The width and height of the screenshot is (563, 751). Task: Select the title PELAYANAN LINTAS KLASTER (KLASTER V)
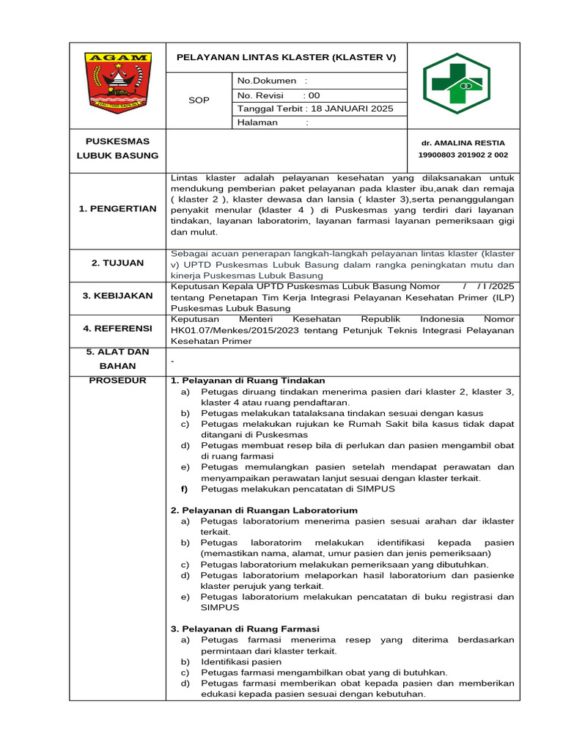[286, 57]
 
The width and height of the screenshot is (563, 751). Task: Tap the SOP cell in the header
[199, 101]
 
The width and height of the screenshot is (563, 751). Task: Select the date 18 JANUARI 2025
[352, 109]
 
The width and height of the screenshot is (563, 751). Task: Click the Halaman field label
[257, 122]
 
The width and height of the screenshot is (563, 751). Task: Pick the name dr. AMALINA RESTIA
[462, 143]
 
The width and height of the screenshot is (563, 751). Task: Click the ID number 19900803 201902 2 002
[463, 155]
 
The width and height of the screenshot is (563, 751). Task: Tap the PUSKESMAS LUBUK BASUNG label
[117, 148]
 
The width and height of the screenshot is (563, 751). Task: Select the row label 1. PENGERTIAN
[117, 209]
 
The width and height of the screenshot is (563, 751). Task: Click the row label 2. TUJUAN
[117, 263]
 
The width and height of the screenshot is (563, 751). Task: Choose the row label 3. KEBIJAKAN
[117, 296]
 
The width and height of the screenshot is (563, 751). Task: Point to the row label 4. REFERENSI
[117, 329]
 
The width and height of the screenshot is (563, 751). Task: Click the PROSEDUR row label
[117, 380]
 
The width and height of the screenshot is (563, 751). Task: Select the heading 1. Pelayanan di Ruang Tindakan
[247, 381]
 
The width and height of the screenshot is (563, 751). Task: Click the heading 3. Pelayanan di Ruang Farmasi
[245, 629]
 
